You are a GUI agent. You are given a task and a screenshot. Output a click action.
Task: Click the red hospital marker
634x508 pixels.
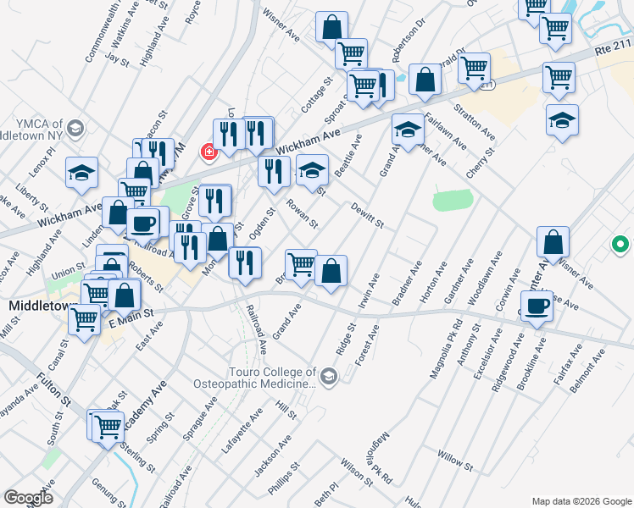[208, 152]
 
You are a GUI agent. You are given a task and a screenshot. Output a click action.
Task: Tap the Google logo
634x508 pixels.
[28, 497]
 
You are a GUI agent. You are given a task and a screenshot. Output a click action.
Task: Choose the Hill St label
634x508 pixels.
[286, 411]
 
